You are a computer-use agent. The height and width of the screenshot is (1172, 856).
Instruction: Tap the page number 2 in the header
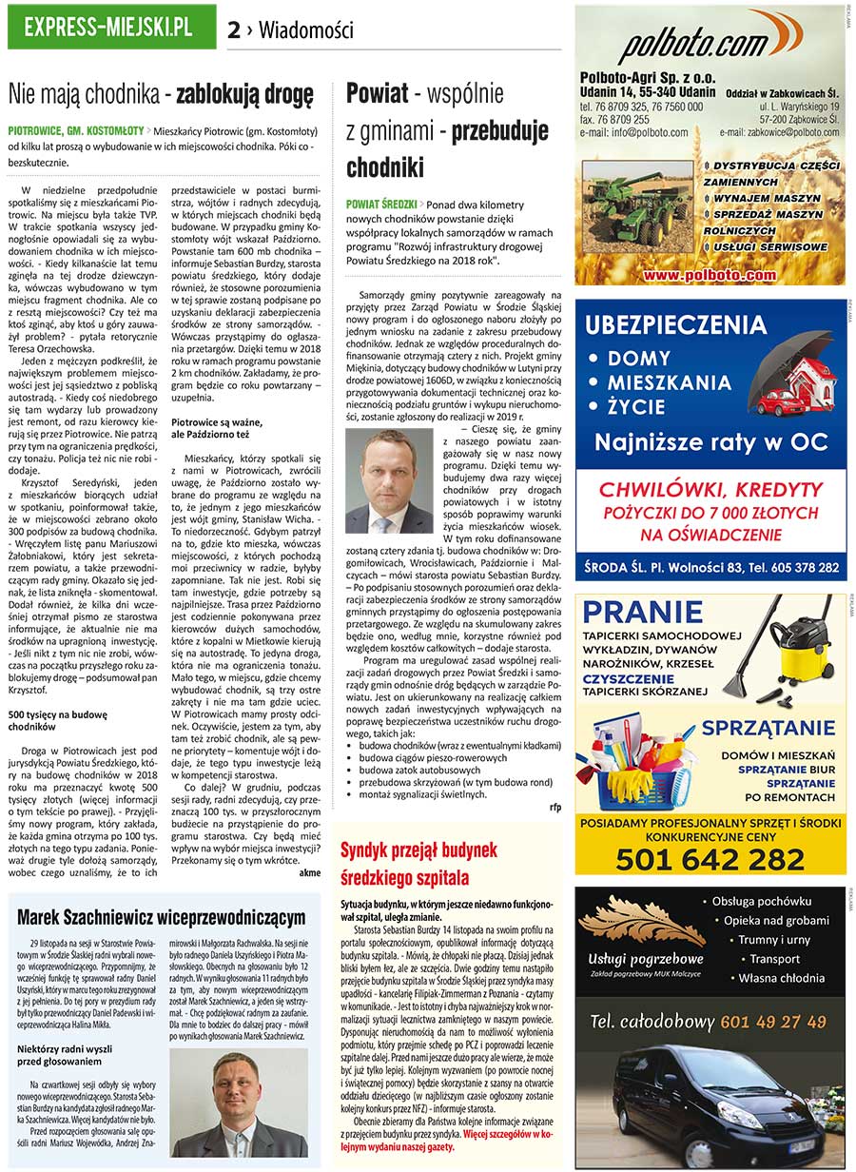[233, 30]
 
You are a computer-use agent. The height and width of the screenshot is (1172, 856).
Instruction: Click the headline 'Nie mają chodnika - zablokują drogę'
[161, 95]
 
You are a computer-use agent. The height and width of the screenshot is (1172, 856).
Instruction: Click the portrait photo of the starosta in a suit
[389, 480]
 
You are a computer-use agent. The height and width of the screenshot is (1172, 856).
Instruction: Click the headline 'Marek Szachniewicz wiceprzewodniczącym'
[161, 916]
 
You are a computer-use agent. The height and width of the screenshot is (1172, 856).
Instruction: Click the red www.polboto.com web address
[709, 275]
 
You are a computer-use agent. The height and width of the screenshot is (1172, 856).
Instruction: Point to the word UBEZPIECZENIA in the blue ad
[675, 325]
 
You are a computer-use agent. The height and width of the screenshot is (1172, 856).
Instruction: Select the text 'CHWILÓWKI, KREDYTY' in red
[709, 491]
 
